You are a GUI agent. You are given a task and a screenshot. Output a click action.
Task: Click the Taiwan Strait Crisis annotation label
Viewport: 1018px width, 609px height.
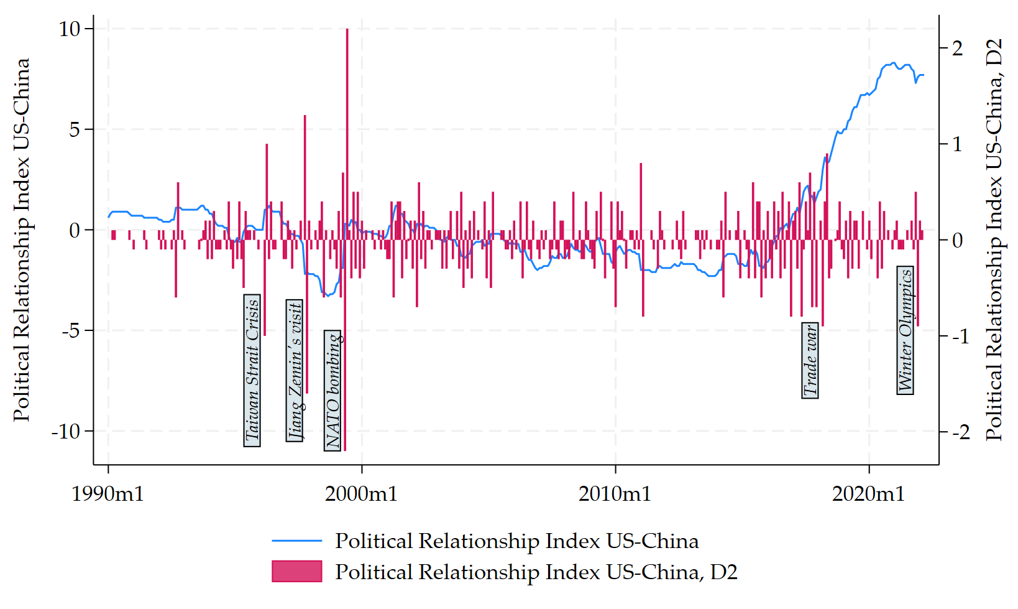pyautogui.click(x=252, y=371)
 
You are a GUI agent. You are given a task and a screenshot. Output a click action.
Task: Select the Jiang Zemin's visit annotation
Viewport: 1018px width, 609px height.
pyautogui.click(x=295, y=371)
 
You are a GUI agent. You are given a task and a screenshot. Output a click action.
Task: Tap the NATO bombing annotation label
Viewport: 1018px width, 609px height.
pyautogui.click(x=332, y=391)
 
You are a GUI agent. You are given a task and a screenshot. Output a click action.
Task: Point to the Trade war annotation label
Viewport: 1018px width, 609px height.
pyautogui.click(x=810, y=361)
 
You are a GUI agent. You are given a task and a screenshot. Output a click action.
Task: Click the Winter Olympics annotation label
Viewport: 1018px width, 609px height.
pyautogui.click(x=906, y=330)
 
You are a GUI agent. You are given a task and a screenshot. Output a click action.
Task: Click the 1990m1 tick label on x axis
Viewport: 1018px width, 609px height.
pyautogui.click(x=108, y=494)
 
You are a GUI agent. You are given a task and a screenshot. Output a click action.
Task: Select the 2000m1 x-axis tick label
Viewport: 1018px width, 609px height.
pyautogui.click(x=361, y=494)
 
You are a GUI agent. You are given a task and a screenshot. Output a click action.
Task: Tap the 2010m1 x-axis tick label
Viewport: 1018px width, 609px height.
pyautogui.click(x=615, y=494)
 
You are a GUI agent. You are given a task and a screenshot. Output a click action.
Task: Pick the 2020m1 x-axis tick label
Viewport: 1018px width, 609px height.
pyautogui.click(x=868, y=494)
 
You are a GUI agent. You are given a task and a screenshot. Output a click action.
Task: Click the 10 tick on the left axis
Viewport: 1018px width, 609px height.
pyautogui.click(x=70, y=29)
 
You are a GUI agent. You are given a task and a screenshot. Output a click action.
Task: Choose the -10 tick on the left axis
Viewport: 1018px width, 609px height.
pyautogui.click(x=66, y=431)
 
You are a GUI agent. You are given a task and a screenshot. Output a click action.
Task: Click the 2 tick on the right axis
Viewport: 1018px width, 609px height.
pyautogui.click(x=957, y=49)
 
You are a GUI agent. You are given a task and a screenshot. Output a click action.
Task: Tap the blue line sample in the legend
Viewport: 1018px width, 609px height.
pyautogui.click(x=296, y=541)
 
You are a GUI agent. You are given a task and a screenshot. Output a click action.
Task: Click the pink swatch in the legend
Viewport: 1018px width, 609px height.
pyautogui.click(x=296, y=572)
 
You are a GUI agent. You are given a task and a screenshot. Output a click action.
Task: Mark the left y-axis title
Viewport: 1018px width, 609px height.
pyautogui.click(x=22, y=240)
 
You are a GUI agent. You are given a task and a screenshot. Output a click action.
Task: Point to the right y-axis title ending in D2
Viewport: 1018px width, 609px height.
pyautogui.click(x=994, y=240)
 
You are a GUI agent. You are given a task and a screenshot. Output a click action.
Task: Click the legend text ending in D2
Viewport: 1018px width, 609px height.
pyautogui.click(x=536, y=572)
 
